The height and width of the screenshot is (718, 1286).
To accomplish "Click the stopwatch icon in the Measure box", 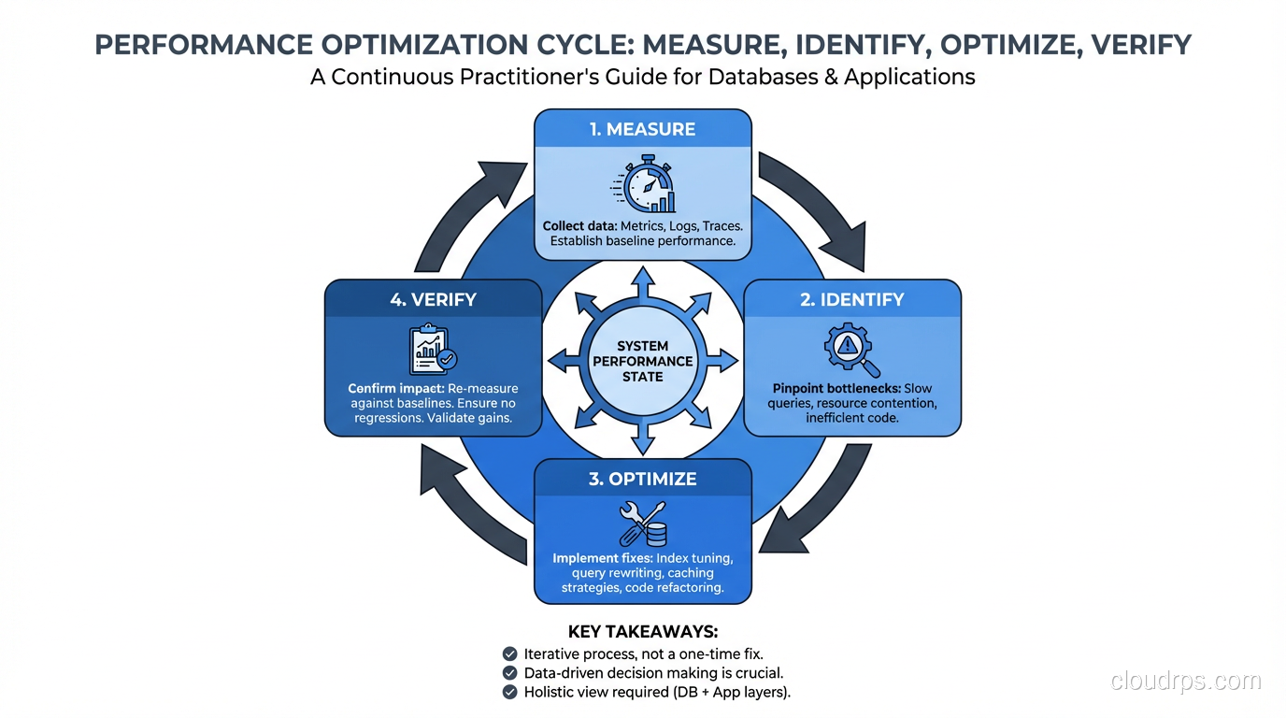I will click(643, 186).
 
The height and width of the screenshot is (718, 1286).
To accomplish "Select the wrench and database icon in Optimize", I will click(643, 524).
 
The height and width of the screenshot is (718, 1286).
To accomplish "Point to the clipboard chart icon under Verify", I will click(433, 350).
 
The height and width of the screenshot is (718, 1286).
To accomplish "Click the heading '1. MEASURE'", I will click(643, 129).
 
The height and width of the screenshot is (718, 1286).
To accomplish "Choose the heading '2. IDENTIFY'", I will click(852, 299).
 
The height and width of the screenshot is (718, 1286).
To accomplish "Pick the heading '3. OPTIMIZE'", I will click(643, 479).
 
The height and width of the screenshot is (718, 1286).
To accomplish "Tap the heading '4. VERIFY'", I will click(433, 299).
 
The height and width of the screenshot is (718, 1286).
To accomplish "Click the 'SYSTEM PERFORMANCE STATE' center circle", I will click(643, 362).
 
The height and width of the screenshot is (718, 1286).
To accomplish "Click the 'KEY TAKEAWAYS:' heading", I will click(643, 632).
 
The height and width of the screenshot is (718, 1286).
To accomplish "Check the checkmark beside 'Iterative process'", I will click(509, 653).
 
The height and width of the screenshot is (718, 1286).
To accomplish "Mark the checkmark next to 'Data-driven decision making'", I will click(509, 673).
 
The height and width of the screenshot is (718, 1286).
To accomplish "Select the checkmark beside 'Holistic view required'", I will click(509, 693).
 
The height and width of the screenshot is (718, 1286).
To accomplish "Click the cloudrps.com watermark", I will click(1185, 682).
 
